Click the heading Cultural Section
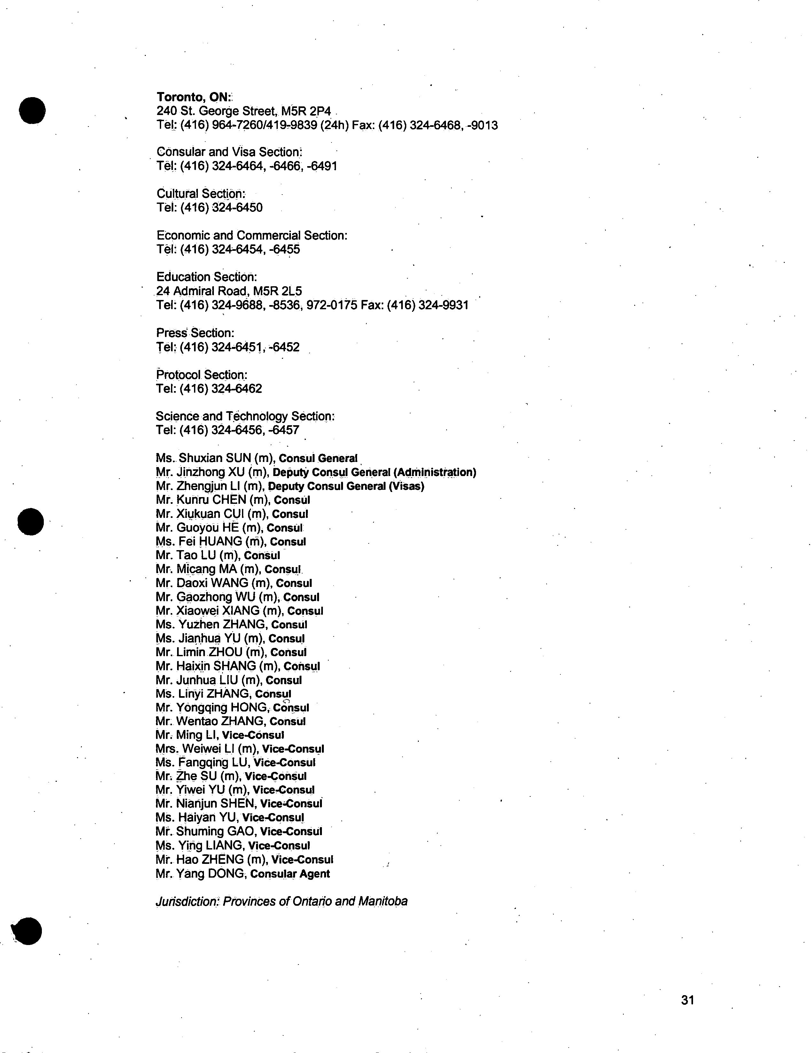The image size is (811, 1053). pos(201,194)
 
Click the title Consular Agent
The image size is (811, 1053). pos(291,874)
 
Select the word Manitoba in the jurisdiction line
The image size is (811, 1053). pos(383,902)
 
